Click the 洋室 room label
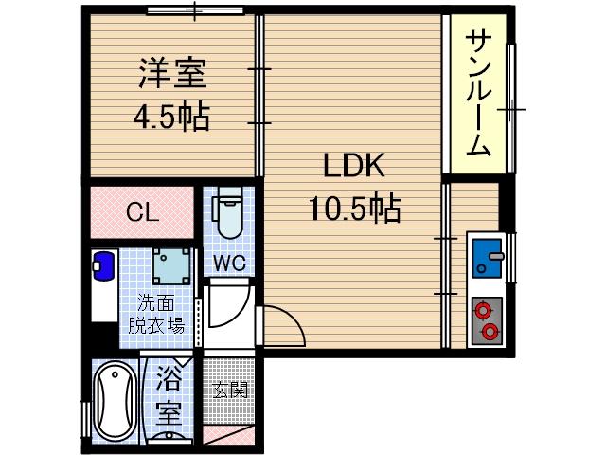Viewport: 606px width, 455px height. coord(171,72)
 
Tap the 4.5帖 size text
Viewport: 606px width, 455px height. coord(170,118)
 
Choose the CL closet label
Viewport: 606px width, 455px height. coord(143,213)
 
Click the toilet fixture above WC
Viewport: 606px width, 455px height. coord(227,217)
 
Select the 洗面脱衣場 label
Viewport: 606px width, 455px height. coord(157,315)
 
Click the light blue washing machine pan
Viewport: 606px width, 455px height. coord(171,265)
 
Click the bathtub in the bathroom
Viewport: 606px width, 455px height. coord(116,401)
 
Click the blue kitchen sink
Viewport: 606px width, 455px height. coord(490,256)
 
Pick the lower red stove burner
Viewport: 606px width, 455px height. coord(490,331)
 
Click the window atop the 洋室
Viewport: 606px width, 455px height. coord(194,11)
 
